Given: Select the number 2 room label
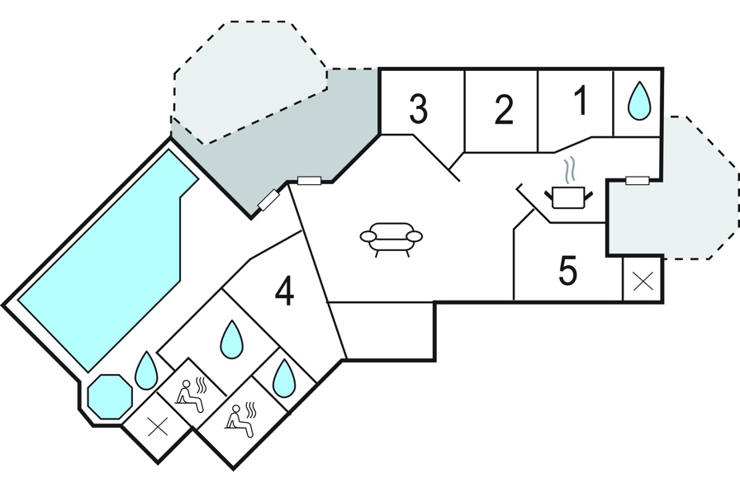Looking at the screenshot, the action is [x=504, y=110].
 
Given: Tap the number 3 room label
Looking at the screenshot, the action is [x=418, y=109].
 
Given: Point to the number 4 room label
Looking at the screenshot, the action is [x=285, y=291].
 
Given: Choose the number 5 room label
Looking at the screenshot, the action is [x=567, y=271].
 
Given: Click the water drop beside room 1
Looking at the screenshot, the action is [x=639, y=100].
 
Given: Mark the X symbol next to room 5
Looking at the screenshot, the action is [x=643, y=282].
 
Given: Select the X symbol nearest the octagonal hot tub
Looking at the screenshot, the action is [x=158, y=428].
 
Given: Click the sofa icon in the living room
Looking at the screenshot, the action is [x=391, y=239].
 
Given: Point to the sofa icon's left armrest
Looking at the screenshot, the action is [x=368, y=236].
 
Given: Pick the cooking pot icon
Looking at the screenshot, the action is [x=568, y=197].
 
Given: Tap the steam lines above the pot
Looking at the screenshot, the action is [x=570, y=170].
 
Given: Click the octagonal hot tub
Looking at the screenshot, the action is [x=110, y=396].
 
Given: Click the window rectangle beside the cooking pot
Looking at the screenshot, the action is [x=637, y=180].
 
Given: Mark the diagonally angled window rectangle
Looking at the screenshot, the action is [x=268, y=200].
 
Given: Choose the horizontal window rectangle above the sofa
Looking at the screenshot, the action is [x=310, y=180].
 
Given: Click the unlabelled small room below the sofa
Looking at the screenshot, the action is [x=382, y=330].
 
